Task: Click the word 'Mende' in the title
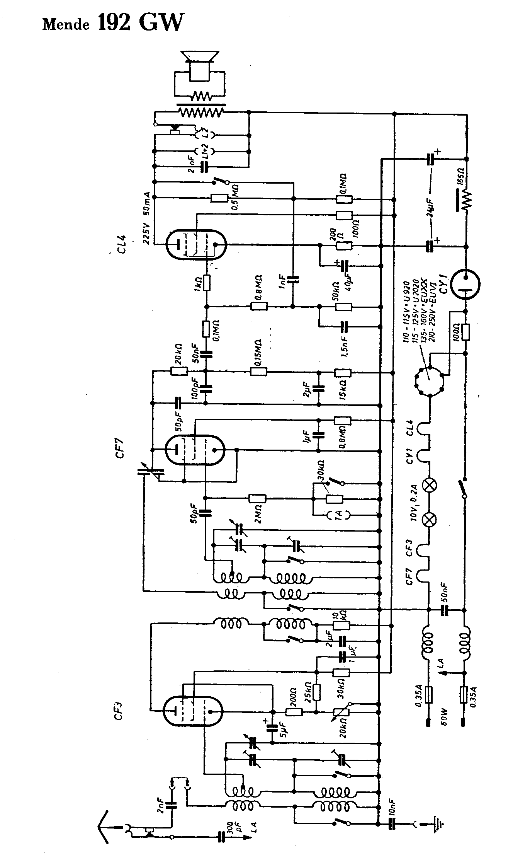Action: click(66, 25)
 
